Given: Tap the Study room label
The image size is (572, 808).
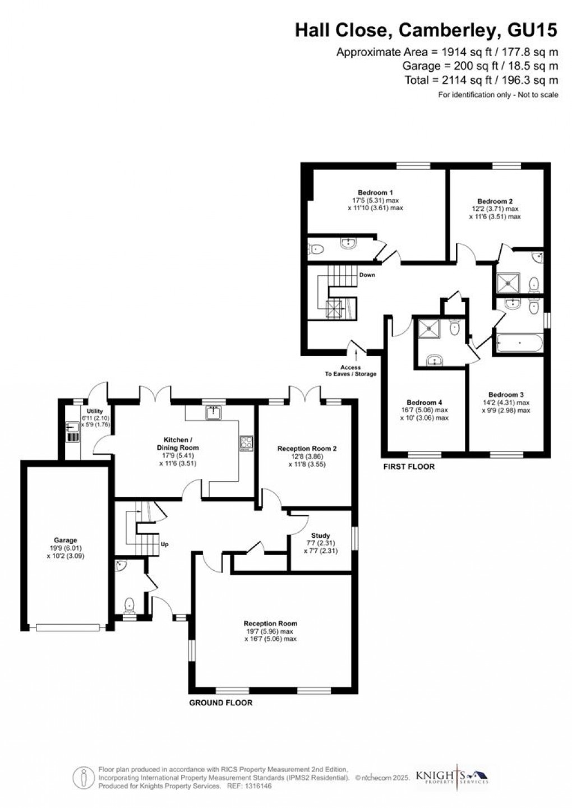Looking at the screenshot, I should [x=320, y=535].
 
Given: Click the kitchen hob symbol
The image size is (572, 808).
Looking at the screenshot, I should [x=246, y=443].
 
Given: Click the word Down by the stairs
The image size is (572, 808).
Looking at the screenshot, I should [x=367, y=275].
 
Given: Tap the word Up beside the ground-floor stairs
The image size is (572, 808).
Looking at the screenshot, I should [x=165, y=544].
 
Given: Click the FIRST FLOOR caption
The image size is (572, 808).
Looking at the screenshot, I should [x=409, y=467].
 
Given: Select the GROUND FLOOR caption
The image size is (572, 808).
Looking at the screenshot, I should [x=221, y=703].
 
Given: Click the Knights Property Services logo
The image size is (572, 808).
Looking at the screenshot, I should [x=452, y=776].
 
